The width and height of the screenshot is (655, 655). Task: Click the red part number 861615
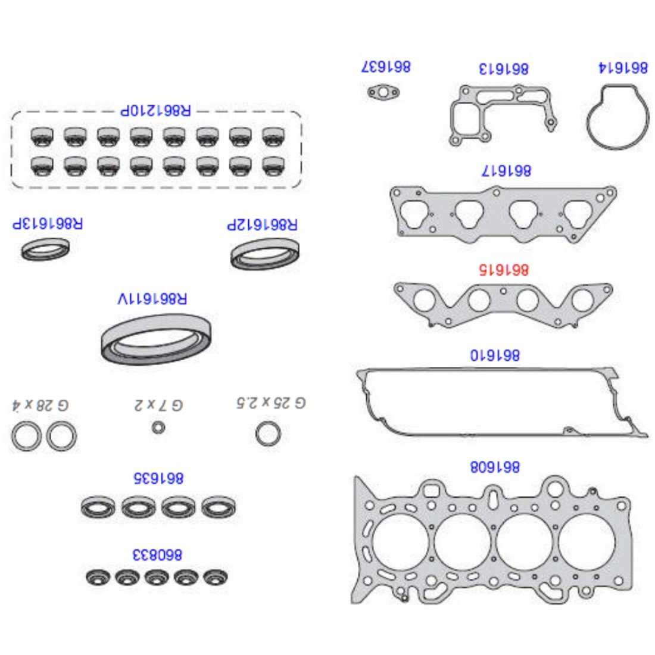point(503,269)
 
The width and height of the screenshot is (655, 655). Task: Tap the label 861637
point(386,67)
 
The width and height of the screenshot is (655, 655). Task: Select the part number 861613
point(503,68)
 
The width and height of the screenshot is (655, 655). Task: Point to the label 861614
point(623,67)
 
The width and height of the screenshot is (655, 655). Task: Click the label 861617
point(506,170)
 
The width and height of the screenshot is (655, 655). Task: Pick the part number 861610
point(495,355)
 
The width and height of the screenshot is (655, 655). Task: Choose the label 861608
point(495,467)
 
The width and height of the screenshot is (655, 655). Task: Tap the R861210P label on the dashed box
point(155,110)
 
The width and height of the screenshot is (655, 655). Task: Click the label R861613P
point(48,223)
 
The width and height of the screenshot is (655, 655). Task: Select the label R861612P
point(263,224)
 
